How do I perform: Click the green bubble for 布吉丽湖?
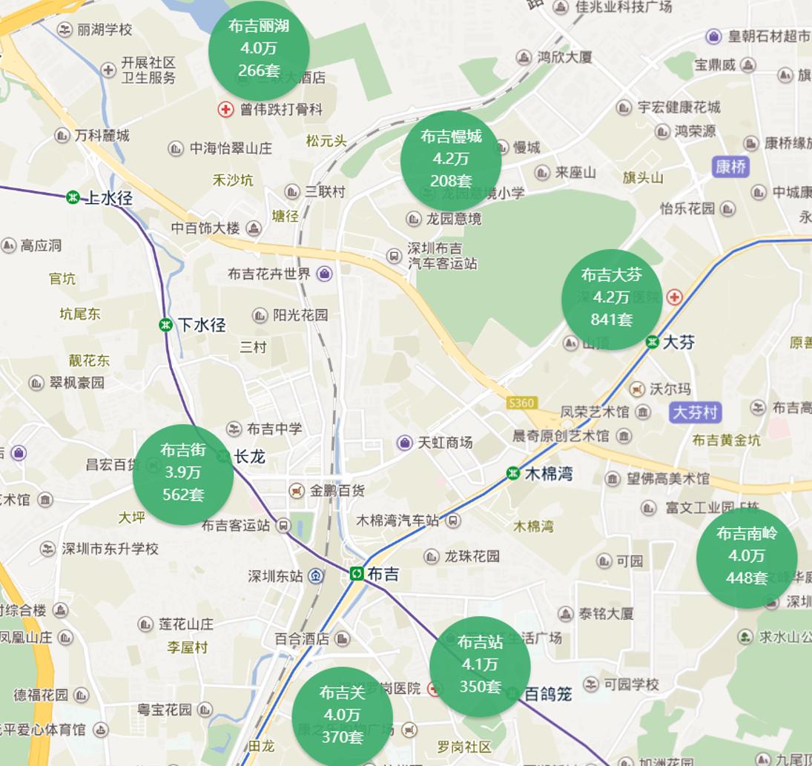point(259,49)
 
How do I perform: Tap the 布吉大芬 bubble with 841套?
point(612,298)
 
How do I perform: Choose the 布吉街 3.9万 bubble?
point(183,473)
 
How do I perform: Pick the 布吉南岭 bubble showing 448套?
point(747,556)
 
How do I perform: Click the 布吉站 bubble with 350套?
point(480,665)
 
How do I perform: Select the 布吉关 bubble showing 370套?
point(342,715)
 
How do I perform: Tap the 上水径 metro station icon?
point(73,197)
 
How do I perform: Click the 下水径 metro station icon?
point(165,325)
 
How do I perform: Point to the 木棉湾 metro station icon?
point(512,473)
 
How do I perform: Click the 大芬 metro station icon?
point(652,342)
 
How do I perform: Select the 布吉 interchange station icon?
point(357,574)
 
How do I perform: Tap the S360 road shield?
point(521,403)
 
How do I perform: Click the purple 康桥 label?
point(730,167)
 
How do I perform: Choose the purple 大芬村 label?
point(695,412)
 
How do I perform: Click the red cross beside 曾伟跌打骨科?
point(225,110)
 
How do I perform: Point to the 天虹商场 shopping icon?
point(404,443)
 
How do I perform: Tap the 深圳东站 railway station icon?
point(316,575)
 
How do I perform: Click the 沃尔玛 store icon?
point(636,389)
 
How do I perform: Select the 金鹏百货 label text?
point(337,491)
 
